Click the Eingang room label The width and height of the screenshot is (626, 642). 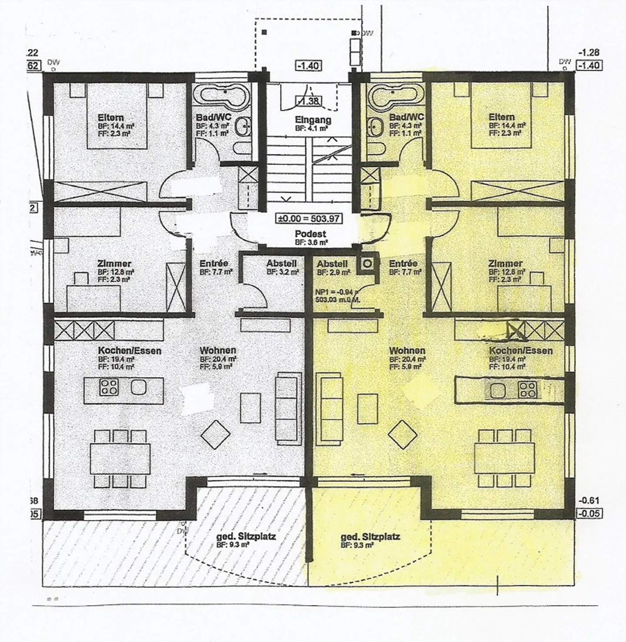tap(313, 120)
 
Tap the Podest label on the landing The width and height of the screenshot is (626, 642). tap(310, 234)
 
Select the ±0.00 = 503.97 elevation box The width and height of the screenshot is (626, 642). tap(310, 219)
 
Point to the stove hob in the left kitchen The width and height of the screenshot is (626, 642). tap(109, 387)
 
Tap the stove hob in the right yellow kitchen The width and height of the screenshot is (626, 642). tap(527, 389)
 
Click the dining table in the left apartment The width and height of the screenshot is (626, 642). tap(120, 459)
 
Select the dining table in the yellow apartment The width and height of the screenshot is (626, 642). tap(504, 458)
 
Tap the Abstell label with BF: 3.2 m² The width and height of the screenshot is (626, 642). tap(282, 263)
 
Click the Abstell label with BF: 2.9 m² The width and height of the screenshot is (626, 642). tap(332, 264)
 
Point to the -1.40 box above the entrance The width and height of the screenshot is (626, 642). tap(308, 66)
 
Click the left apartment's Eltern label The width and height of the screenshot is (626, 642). tap(111, 117)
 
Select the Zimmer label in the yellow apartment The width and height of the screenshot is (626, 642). tap(505, 263)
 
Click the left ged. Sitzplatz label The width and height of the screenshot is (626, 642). tap(246, 536)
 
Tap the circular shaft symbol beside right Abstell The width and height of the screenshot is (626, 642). tap(368, 263)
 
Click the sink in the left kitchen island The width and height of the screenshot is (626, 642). tap(138, 387)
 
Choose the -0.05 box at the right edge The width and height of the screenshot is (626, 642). tap(589, 513)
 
